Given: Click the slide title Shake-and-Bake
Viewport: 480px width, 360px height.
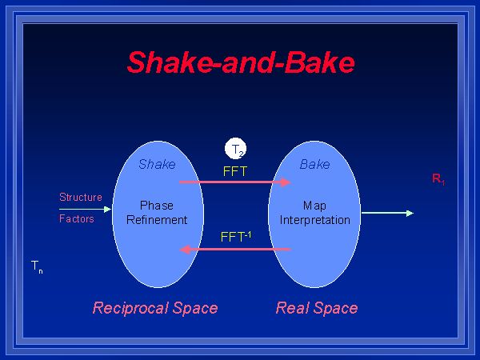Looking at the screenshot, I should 241,62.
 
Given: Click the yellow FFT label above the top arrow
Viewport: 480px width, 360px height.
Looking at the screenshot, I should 235,170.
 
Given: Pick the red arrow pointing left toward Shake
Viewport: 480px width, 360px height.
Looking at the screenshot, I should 234,249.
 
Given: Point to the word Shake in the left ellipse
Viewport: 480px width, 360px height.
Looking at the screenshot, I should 157,165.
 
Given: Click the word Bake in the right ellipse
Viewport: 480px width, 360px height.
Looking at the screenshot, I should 314,165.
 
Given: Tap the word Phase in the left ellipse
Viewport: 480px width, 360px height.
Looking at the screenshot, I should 157,206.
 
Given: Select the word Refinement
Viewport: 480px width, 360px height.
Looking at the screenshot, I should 157,219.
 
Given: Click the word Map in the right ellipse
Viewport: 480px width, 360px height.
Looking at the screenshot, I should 314,206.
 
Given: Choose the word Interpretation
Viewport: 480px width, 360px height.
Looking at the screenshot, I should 314,219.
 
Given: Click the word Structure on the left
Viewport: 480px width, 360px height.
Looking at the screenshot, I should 81,197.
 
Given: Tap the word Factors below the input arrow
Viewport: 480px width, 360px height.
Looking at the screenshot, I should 77,218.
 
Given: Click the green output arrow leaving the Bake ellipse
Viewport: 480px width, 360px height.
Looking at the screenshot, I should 387,213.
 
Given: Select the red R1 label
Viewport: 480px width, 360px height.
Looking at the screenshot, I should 438,179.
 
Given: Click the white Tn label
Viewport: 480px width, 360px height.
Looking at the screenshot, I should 37,266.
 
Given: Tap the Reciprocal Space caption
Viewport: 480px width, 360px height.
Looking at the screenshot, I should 155,308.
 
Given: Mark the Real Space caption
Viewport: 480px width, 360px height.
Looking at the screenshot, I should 317,308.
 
